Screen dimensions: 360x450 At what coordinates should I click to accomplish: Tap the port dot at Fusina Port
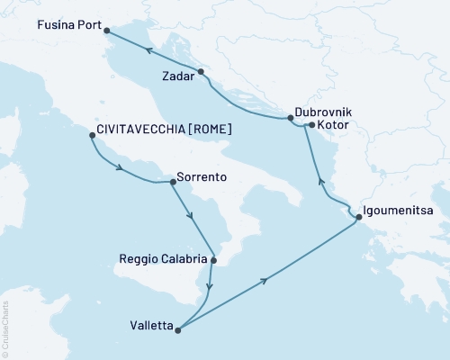(108, 31)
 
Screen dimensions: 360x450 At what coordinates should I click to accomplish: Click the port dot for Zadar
(201, 72)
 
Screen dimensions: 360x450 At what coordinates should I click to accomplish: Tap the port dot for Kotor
(310, 125)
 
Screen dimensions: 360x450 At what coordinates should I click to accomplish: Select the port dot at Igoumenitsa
(359, 217)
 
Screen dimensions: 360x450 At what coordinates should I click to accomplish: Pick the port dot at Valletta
(177, 329)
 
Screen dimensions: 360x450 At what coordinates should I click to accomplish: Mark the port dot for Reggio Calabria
(213, 261)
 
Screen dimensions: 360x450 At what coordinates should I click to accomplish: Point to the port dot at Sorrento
(173, 182)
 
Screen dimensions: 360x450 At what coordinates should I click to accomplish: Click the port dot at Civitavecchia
(92, 136)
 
